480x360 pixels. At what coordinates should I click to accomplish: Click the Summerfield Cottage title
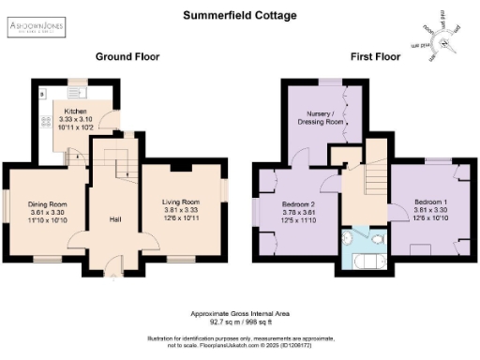click(x=239, y=16)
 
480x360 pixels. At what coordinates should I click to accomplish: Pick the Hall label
click(x=115, y=219)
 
